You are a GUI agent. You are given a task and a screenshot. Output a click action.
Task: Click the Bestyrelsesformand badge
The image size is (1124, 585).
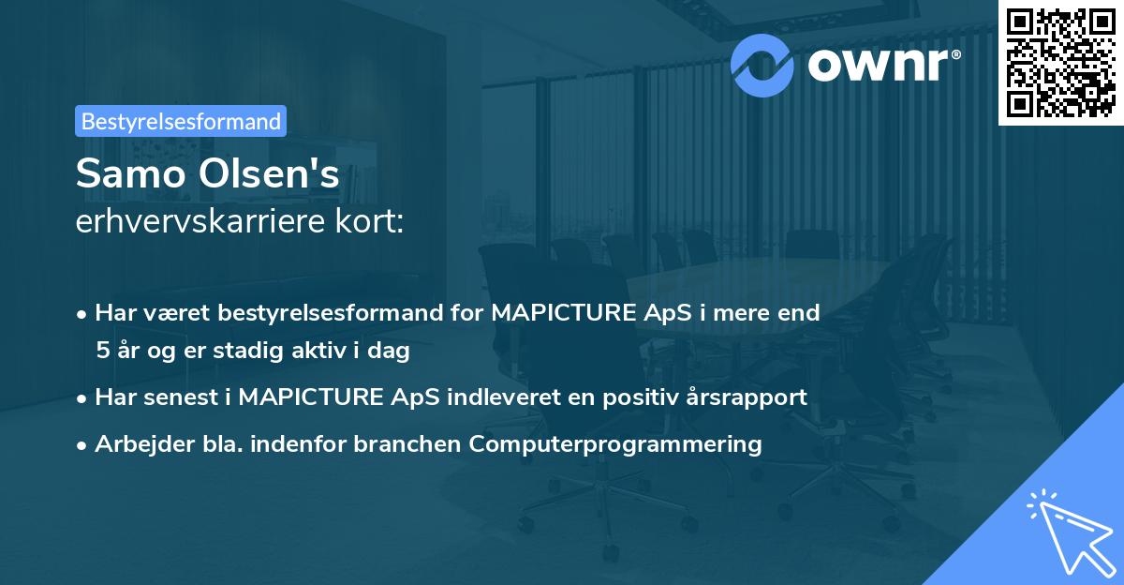[181, 121]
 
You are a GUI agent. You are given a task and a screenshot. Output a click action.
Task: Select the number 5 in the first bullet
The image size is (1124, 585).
[102, 352]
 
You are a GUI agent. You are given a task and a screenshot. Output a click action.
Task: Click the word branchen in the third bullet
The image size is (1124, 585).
[398, 444]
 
